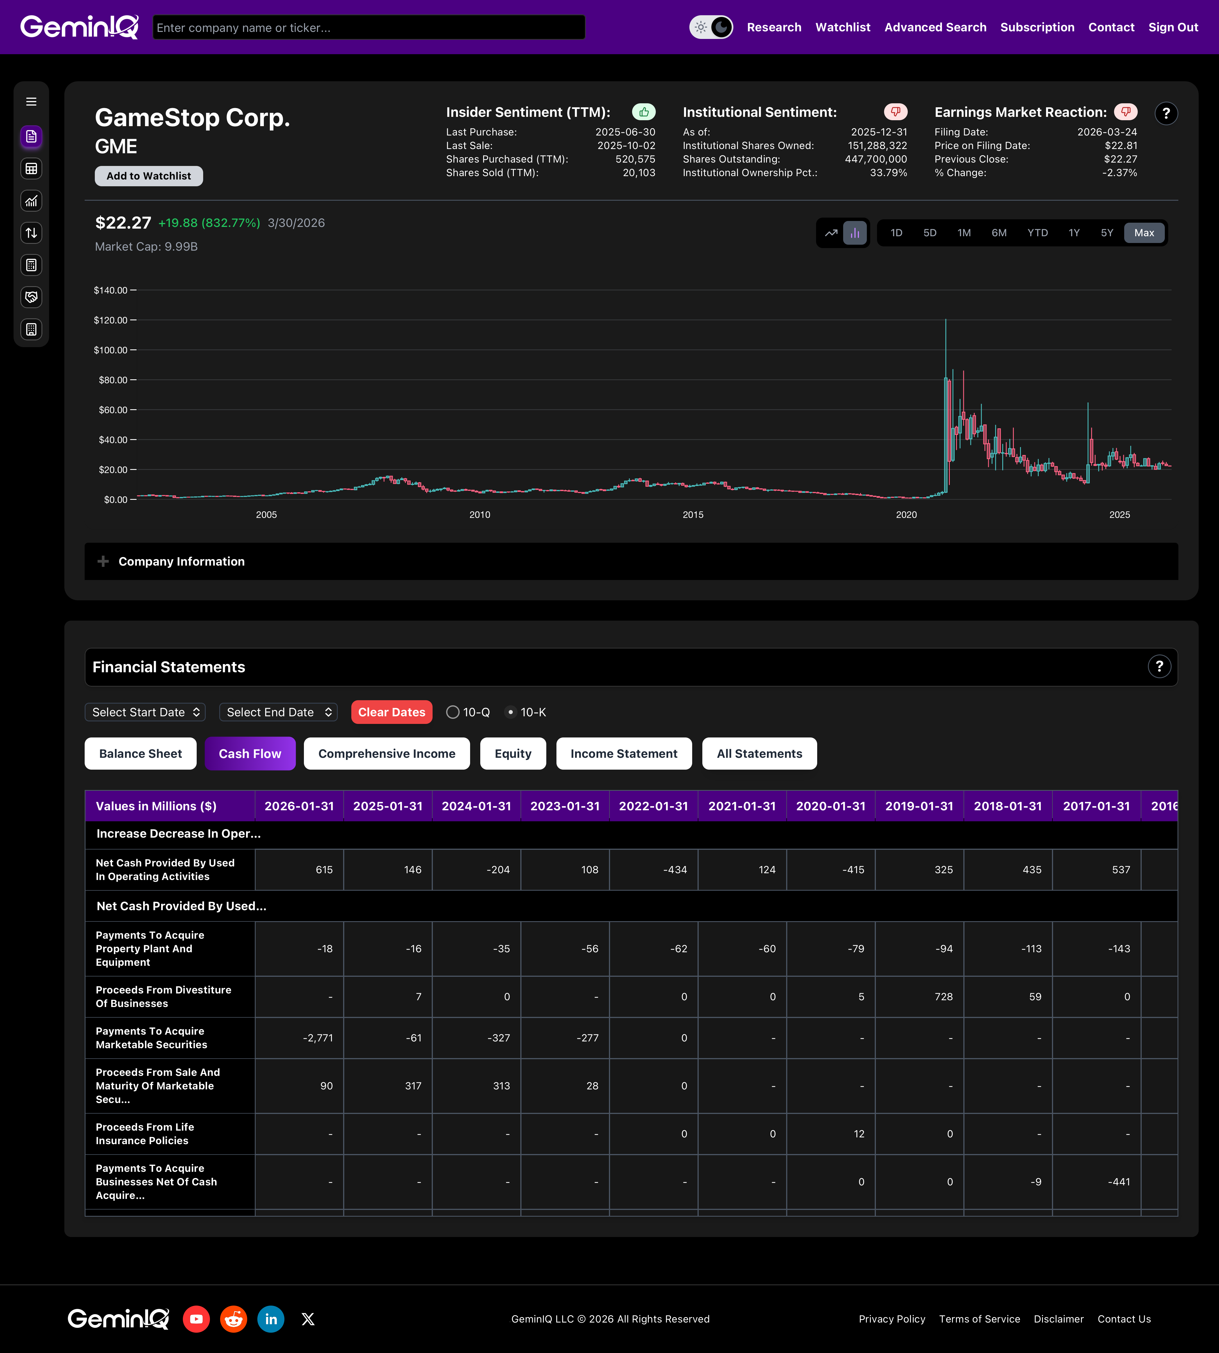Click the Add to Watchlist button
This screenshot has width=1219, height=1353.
click(x=149, y=176)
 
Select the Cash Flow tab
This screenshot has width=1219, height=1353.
click(x=250, y=754)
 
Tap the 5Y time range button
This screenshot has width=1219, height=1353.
click(x=1106, y=233)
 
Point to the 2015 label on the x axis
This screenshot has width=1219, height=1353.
click(x=692, y=515)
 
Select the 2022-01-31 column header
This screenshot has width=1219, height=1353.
click(x=653, y=806)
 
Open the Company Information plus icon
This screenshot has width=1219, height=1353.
click(x=103, y=561)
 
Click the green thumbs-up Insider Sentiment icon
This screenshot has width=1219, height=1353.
click(x=644, y=112)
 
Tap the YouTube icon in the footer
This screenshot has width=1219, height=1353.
click(x=196, y=1319)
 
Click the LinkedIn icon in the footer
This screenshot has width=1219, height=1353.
click(x=271, y=1319)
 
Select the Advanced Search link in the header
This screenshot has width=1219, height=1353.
click(x=935, y=27)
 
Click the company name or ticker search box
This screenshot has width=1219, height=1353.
click(x=368, y=27)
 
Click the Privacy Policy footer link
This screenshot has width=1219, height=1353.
click(x=891, y=1319)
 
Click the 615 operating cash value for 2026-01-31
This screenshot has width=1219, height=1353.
click(x=324, y=870)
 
